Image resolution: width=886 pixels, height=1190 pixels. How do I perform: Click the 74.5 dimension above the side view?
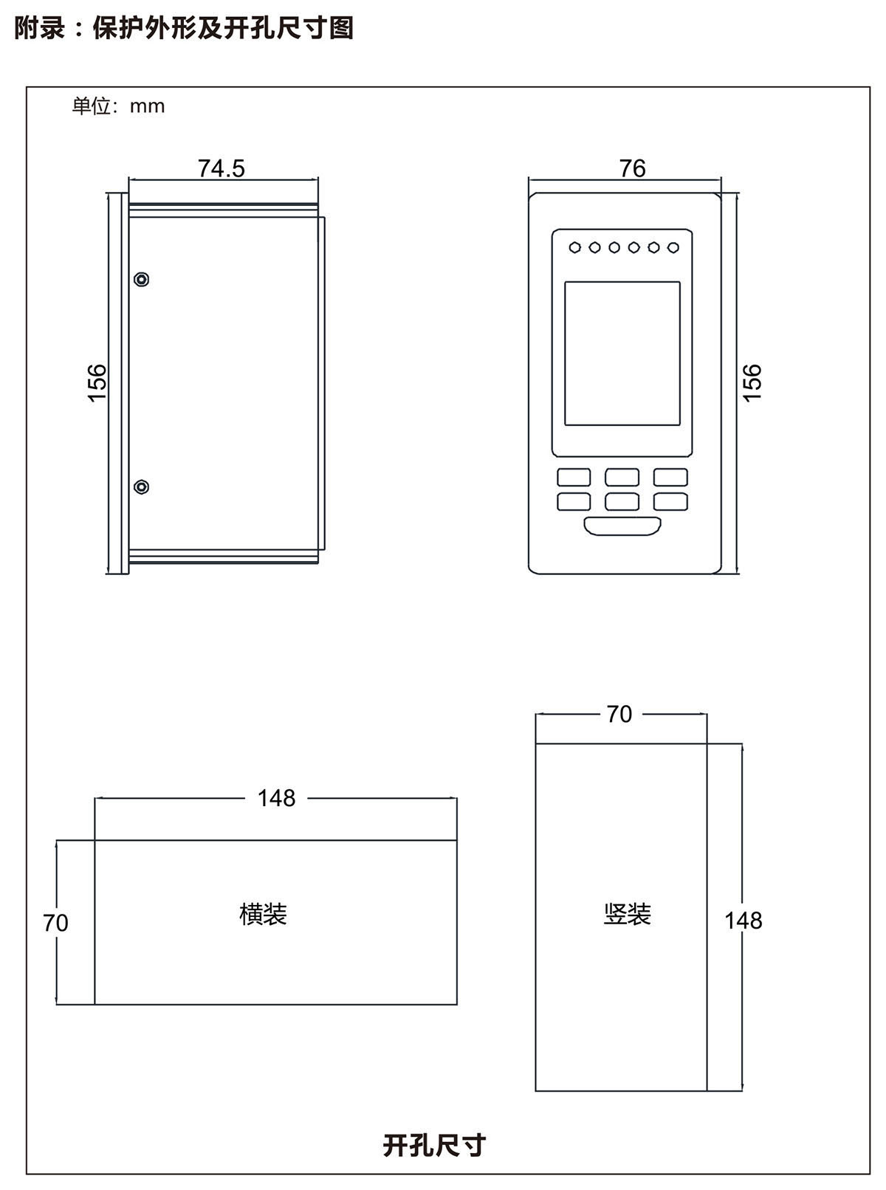[x=221, y=168]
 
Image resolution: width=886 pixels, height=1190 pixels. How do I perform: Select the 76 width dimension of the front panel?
[x=633, y=168]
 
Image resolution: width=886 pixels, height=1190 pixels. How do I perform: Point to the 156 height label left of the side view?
[x=97, y=382]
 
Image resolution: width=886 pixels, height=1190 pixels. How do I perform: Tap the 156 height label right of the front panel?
[x=752, y=382]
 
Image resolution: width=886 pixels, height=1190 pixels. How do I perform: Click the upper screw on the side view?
[x=142, y=279]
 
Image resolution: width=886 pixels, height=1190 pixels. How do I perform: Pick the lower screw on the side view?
[x=142, y=487]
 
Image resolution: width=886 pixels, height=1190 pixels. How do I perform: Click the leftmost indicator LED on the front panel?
[x=575, y=247]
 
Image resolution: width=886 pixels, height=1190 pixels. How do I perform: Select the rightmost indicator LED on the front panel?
[x=673, y=247]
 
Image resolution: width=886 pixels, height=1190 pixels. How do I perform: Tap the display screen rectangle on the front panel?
[x=622, y=353]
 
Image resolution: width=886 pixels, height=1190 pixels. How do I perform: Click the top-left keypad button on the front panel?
[x=574, y=477]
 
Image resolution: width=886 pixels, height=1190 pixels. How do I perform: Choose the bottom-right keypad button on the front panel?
[x=670, y=502]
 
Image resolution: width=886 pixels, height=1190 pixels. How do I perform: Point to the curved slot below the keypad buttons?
[x=622, y=526]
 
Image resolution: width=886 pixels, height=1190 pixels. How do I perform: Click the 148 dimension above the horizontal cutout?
[x=276, y=798]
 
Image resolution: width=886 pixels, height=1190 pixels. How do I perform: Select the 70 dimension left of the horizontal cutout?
[x=55, y=923]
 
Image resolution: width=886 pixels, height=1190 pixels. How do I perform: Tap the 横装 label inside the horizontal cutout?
[x=263, y=915]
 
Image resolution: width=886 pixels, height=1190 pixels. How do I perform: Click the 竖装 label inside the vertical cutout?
[x=627, y=915]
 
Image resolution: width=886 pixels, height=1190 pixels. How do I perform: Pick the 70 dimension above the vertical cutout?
[x=619, y=714]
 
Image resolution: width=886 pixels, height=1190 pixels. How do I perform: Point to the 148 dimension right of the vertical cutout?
[x=743, y=921]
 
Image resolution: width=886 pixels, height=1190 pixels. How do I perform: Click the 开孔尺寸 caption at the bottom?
[x=434, y=1145]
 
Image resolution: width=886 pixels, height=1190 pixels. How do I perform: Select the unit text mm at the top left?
[x=147, y=106]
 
